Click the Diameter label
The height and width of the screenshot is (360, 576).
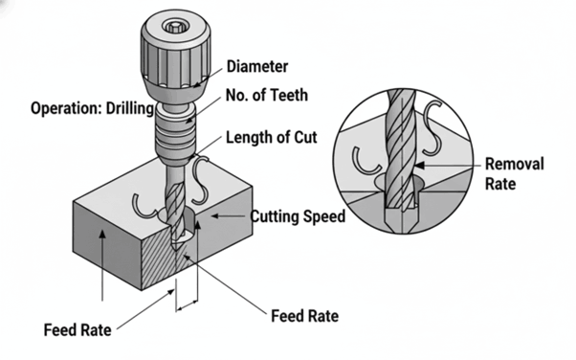pyautogui.click(x=257, y=67)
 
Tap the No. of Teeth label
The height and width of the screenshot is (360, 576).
pyautogui.click(x=267, y=95)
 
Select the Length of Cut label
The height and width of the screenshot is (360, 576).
pyautogui.click(x=271, y=138)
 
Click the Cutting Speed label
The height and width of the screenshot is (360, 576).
pyautogui.click(x=298, y=216)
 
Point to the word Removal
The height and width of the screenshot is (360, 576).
pyautogui.click(x=515, y=164)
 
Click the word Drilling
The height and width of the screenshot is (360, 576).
pyautogui.click(x=130, y=108)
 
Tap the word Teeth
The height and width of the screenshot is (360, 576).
pyautogui.click(x=290, y=95)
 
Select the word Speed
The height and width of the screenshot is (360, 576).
pyautogui.click(x=323, y=216)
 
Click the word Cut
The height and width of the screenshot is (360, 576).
pyautogui.click(x=305, y=138)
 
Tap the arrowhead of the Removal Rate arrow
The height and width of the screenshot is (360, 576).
pyautogui.click(x=420, y=166)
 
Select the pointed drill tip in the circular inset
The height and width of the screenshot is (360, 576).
pyautogui.click(x=402, y=221)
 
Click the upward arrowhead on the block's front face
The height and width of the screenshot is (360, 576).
pyautogui.click(x=102, y=234)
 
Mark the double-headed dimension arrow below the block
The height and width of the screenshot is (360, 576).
pyautogui.click(x=187, y=305)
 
